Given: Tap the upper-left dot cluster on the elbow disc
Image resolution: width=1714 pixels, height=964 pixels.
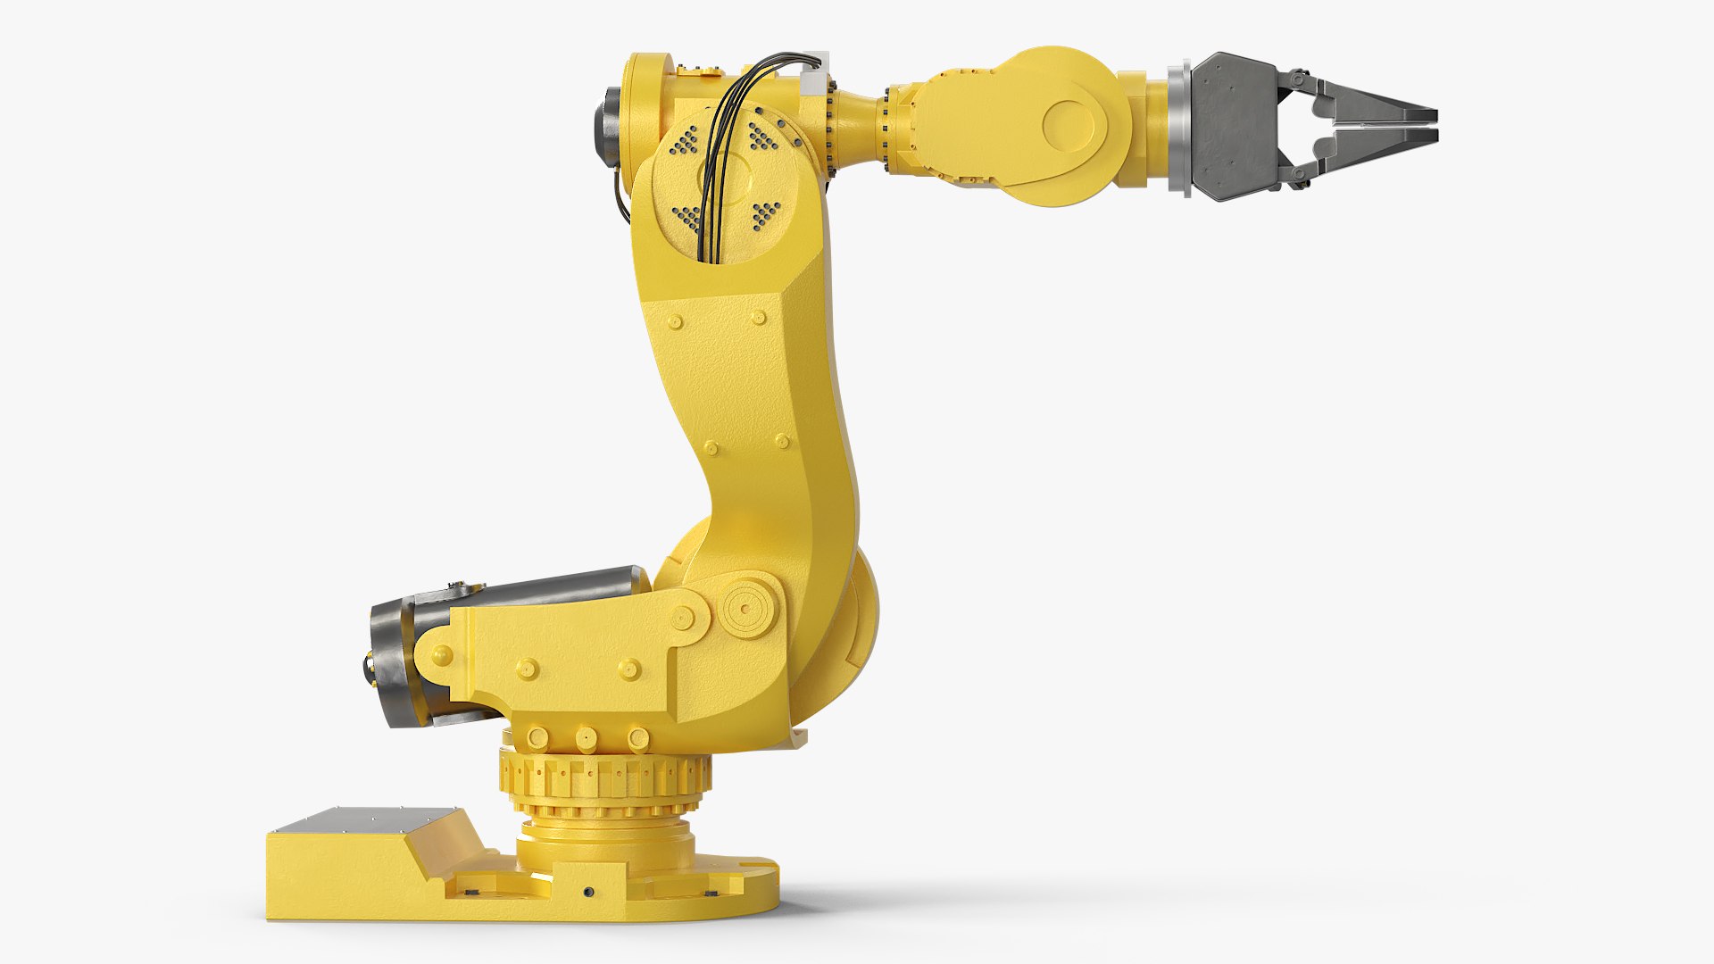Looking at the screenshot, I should click(686, 139).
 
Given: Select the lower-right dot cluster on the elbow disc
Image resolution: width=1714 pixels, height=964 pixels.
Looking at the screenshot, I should click(766, 214).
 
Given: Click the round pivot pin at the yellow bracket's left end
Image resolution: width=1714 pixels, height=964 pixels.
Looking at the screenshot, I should click(440, 657).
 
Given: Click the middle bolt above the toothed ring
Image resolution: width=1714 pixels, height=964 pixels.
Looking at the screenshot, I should click(587, 737).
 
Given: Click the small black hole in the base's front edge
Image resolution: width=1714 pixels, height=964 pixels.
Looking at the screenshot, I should click(587, 893).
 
